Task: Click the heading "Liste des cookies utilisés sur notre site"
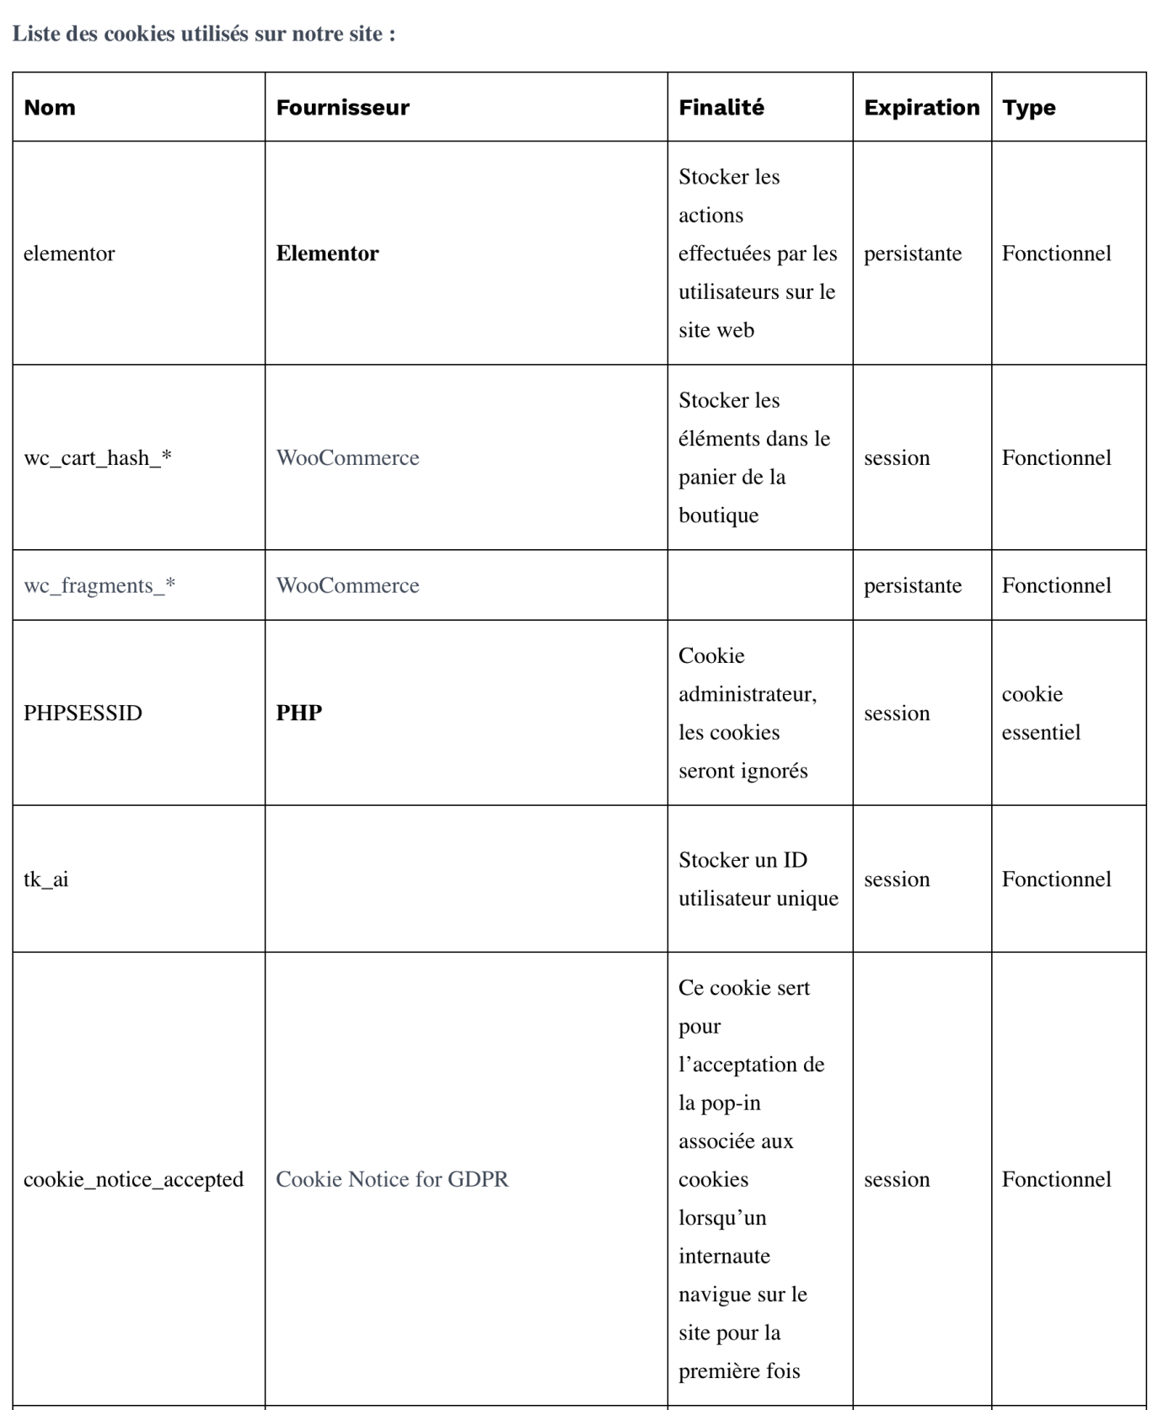(203, 35)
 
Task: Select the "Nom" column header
(50, 108)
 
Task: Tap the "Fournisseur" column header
(342, 108)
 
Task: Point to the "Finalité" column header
(721, 108)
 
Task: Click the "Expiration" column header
(921, 108)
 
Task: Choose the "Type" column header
(1028, 108)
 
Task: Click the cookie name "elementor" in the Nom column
(69, 254)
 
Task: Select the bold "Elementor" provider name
(327, 254)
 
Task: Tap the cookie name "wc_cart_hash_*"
(97, 458)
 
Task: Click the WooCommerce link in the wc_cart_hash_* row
(347, 458)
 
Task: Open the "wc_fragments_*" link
(99, 585)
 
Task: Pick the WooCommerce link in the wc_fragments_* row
(347, 585)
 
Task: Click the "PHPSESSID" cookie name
(83, 713)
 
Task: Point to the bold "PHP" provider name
(299, 713)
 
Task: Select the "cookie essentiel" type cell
(1041, 713)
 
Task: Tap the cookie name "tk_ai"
(46, 879)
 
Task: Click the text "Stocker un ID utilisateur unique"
(758, 879)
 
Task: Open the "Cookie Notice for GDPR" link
(392, 1179)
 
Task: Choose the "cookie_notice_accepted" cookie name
(133, 1179)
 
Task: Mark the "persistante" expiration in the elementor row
(912, 254)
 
